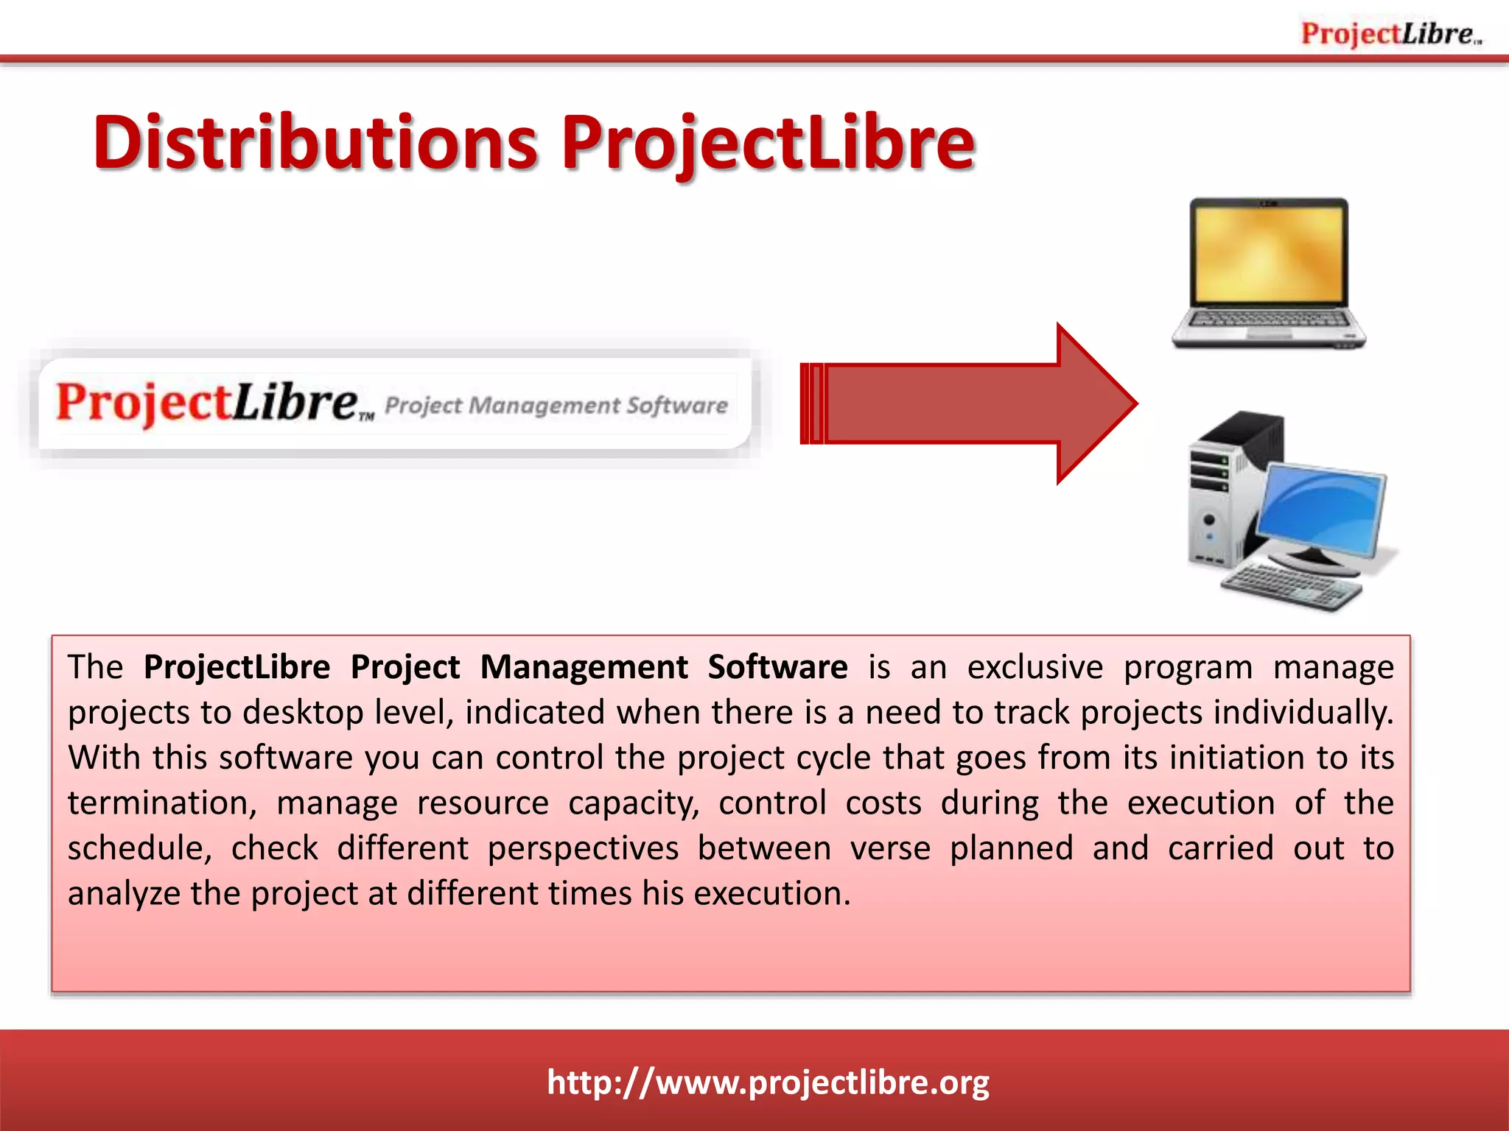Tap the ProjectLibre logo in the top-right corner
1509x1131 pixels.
tap(1390, 34)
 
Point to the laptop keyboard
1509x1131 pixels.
tap(1269, 320)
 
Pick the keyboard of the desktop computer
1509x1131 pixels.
tap(1289, 585)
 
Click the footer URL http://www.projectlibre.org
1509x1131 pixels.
tap(768, 1082)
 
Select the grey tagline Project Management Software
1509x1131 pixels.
tap(556, 406)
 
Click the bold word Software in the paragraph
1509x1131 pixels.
tap(777, 667)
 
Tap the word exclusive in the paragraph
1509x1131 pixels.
tap(1034, 667)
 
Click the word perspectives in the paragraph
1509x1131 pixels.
tap(583, 848)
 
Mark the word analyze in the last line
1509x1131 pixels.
tap(124, 894)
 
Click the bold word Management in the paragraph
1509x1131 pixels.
tap(584, 667)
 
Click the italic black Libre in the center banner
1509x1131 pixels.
tap(295, 403)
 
